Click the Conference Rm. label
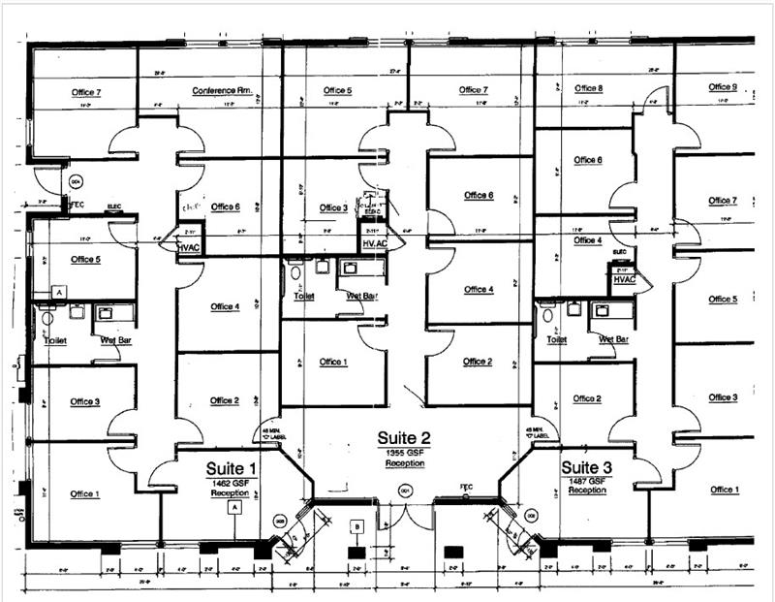pyautogui.click(x=222, y=91)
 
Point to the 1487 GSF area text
pyautogui.click(x=587, y=481)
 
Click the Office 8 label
pyautogui.click(x=588, y=88)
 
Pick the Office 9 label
pyautogui.click(x=722, y=87)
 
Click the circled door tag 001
pyautogui.click(x=405, y=491)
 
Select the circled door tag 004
pyautogui.click(x=75, y=180)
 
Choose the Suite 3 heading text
pyautogui.click(x=587, y=466)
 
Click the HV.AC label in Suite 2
pyautogui.click(x=374, y=243)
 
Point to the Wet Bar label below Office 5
pyautogui.click(x=110, y=340)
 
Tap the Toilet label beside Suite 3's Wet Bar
pyautogui.click(x=556, y=340)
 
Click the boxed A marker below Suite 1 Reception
pyautogui.click(x=232, y=506)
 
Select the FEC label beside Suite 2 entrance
pyautogui.click(x=466, y=487)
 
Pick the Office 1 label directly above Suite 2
pyautogui.click(x=332, y=362)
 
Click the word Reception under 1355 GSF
pyautogui.click(x=404, y=463)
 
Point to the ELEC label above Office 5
pyautogui.click(x=112, y=206)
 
